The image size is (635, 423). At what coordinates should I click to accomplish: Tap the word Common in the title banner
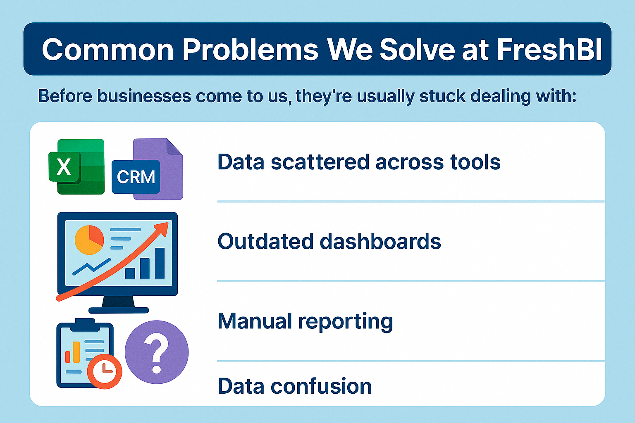pos(107,50)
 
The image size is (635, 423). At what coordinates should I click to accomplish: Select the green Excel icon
pos(76,166)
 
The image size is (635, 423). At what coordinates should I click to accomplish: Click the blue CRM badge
pos(136,177)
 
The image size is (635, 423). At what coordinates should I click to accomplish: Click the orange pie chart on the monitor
pos(89,240)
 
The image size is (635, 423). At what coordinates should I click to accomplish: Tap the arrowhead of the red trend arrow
pos(162,228)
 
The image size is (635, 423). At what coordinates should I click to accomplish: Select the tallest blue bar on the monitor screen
pos(160,263)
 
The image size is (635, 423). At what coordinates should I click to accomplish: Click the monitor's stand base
pos(119,310)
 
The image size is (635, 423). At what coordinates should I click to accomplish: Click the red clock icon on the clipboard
pos(104,371)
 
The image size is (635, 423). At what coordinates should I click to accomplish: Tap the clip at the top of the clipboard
pos(85,324)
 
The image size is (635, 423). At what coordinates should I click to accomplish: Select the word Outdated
pos(265,241)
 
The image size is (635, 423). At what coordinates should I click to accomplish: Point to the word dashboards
pos(380,241)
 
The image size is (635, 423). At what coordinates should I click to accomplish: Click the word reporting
pos(346,323)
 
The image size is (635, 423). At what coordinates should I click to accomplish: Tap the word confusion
pos(321,386)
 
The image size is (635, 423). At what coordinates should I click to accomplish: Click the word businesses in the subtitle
pos(144,96)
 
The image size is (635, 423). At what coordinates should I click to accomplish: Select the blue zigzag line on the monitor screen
pos(91,266)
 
